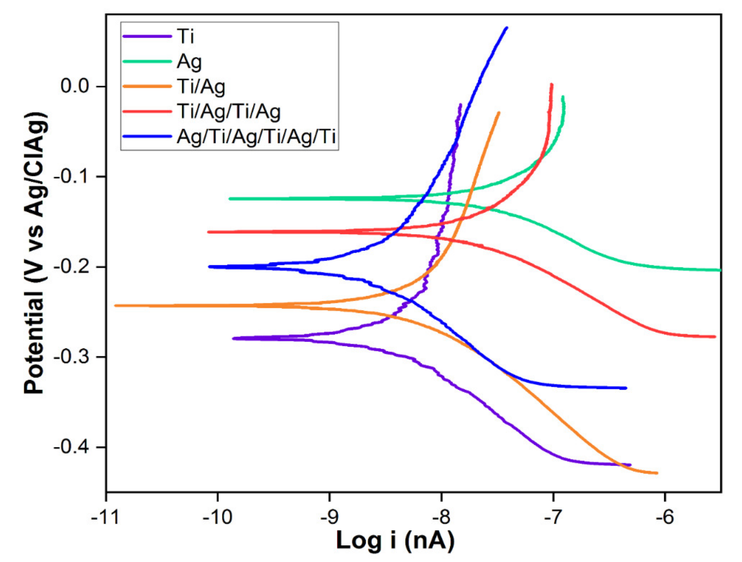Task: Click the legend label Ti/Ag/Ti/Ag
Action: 229,112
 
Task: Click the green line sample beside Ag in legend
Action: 147,61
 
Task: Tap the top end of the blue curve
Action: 506,28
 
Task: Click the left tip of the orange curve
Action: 115,305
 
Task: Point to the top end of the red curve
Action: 551,85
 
